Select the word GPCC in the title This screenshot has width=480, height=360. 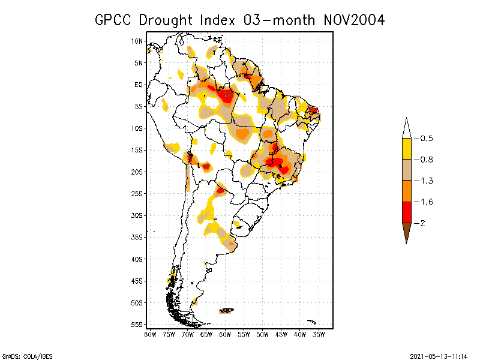115,20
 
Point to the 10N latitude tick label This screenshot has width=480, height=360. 137,41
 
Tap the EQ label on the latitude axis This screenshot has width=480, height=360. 139,85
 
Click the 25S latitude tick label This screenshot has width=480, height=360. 137,193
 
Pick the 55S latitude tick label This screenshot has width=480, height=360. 137,324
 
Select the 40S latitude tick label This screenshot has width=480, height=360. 137,259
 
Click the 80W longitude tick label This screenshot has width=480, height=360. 150,334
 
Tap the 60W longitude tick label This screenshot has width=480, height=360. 225,334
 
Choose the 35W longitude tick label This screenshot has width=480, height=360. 319,334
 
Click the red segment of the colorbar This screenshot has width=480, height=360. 406,212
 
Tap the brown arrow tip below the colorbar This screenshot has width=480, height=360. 406,234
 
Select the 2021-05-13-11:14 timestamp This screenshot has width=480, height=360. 438,355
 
